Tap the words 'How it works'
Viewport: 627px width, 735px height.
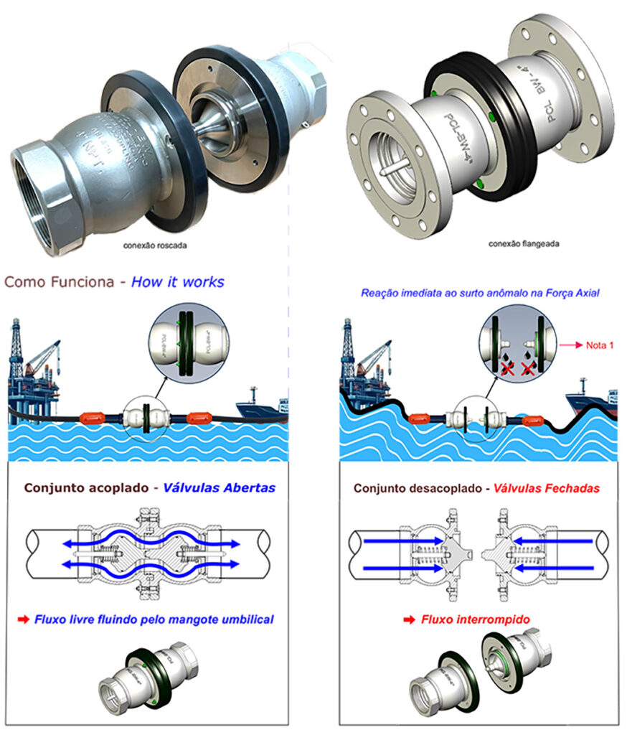[178, 281]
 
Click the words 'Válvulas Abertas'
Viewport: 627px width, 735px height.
[220, 488]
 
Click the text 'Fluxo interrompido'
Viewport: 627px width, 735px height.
[469, 619]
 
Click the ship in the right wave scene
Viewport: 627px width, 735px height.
[590, 402]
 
